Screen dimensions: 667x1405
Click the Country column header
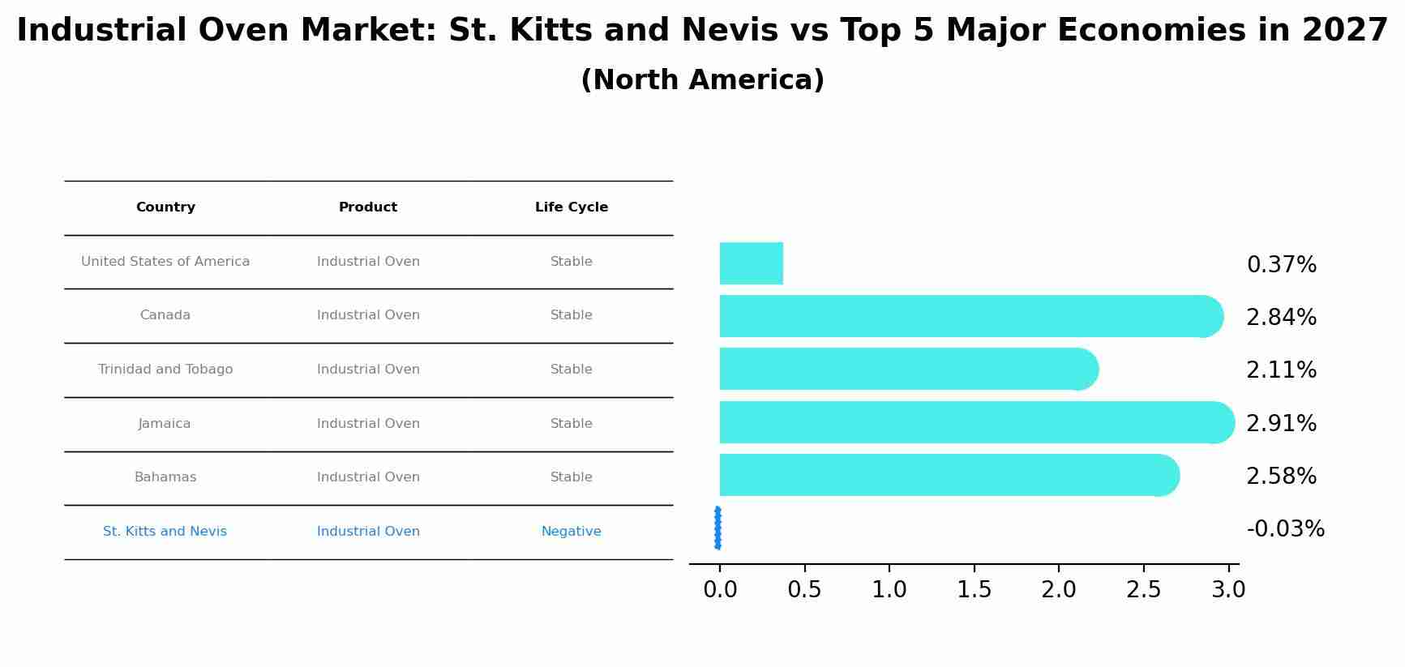pos(165,207)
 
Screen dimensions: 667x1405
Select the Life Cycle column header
pos(572,207)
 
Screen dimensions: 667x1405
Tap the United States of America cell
pos(165,262)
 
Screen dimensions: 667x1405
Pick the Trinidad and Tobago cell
pos(165,370)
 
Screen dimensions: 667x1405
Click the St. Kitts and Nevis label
pos(165,532)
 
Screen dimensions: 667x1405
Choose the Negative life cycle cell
pos(572,532)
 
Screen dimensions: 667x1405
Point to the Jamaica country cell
pos(165,424)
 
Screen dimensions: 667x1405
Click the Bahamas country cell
pos(165,477)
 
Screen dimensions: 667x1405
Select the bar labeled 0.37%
pos(752,263)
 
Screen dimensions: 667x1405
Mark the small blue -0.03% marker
pos(717,528)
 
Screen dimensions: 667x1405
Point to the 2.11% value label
pos(1281,370)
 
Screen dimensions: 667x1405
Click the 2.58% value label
pos(1281,477)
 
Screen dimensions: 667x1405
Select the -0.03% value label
pos(1285,529)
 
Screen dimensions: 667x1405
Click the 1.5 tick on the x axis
pos(974,590)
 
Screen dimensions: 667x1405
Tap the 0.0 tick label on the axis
pos(720,590)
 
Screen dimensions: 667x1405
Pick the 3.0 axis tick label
pos(1228,590)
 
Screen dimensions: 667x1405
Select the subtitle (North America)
pos(702,80)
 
